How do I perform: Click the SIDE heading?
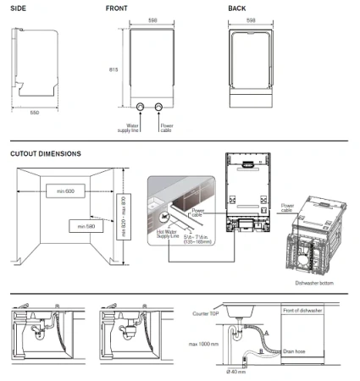17,8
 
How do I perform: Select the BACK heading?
237,8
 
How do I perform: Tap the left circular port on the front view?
141,108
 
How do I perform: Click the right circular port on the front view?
159,108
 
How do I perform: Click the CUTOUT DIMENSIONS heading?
46,154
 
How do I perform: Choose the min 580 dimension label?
86,226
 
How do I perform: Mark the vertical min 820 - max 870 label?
125,213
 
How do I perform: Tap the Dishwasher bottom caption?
314,283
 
